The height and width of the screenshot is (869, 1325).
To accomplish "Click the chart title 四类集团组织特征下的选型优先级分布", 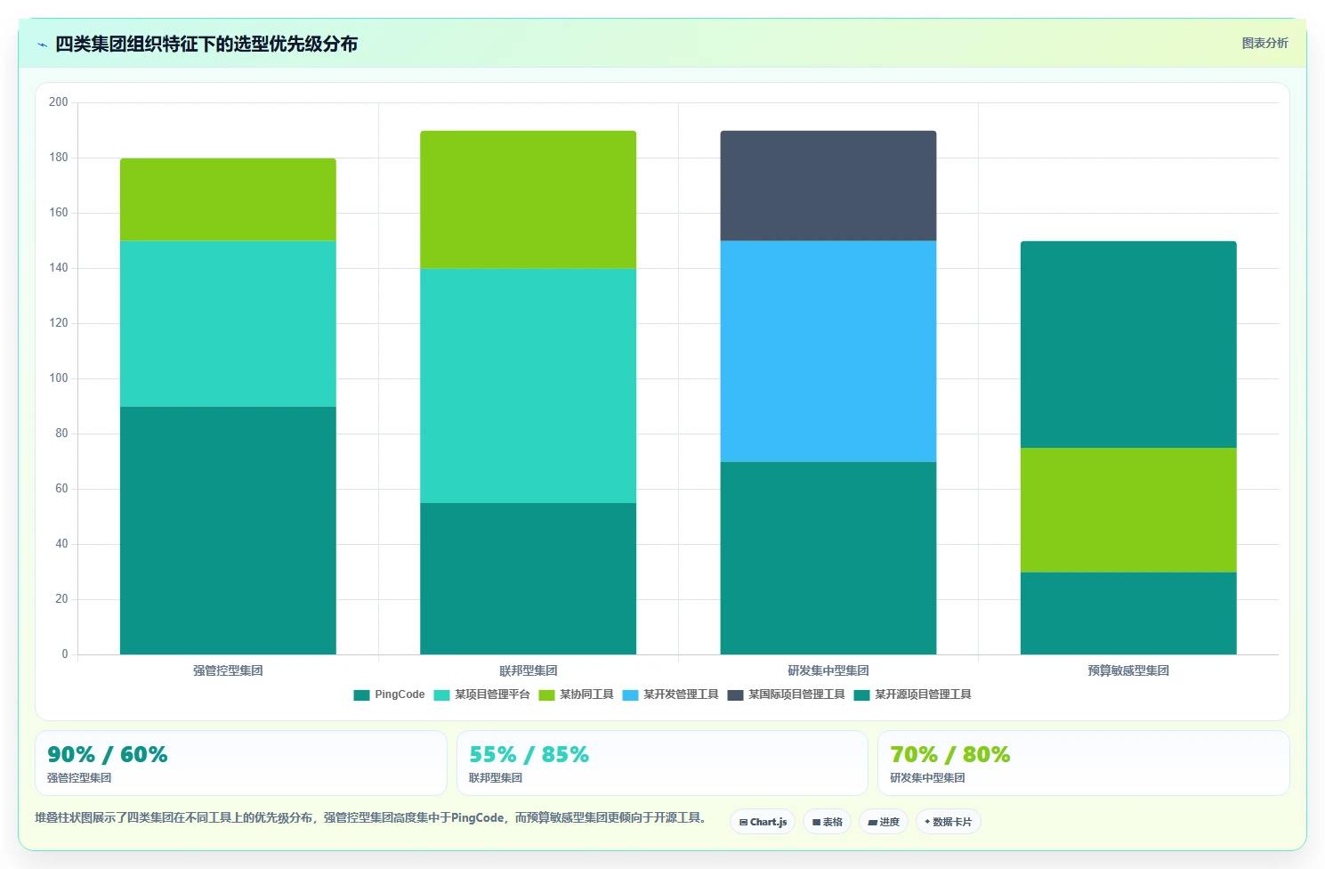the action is click(x=206, y=44).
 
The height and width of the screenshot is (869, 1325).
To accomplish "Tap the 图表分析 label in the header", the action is click(x=1264, y=44).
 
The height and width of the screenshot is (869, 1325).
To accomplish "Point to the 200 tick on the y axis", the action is click(x=59, y=102).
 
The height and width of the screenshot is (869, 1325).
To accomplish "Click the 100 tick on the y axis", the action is click(x=59, y=378).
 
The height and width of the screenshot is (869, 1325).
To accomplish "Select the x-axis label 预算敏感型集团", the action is click(x=1128, y=670).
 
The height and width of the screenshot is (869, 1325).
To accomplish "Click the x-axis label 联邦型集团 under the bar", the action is click(x=529, y=670).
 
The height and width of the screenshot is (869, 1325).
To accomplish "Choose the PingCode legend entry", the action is click(x=389, y=694).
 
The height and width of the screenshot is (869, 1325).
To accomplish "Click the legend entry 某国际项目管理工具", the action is click(x=786, y=694).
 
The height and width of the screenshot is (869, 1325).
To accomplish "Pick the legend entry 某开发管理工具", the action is click(x=671, y=694).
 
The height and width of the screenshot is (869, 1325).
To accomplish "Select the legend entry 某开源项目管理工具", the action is click(x=913, y=694).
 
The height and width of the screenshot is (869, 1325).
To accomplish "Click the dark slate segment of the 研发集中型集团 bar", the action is click(x=828, y=186).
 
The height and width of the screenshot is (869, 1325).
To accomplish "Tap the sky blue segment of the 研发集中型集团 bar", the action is click(x=828, y=351).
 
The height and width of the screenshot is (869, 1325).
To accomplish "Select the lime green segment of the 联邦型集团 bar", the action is click(x=529, y=199).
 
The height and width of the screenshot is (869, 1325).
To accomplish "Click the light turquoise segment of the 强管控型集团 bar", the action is click(x=228, y=324).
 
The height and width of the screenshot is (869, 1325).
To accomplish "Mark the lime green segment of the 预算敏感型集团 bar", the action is click(x=1128, y=509).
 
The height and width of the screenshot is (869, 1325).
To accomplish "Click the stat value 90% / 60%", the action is click(x=107, y=755).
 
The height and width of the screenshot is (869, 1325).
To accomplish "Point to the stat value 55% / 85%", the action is click(x=529, y=755).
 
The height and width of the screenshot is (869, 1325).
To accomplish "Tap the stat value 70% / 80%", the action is click(x=950, y=755).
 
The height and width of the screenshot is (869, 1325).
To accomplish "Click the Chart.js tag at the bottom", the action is click(x=763, y=822).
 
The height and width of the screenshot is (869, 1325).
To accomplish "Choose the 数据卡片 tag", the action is click(x=949, y=822).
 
